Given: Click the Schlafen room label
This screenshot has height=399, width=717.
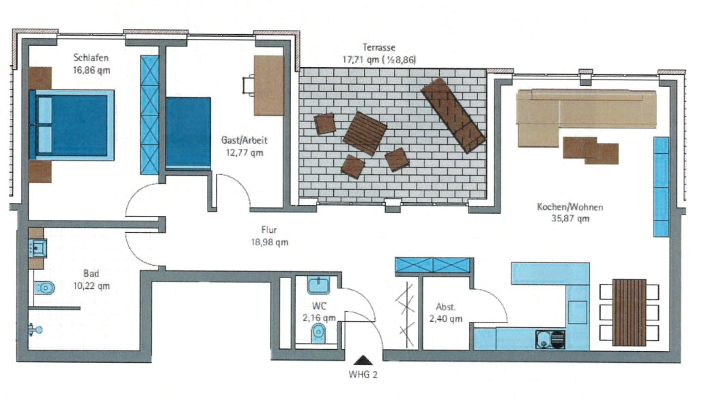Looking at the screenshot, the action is (91, 57).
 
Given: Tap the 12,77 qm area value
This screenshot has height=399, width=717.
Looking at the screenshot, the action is (244, 152).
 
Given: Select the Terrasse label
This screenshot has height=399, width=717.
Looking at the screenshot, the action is (378, 47).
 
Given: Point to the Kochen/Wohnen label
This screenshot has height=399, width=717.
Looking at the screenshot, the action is (570, 207).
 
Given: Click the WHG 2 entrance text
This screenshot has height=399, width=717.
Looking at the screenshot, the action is (363, 374).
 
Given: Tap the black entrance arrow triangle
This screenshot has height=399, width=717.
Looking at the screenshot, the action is (363, 359).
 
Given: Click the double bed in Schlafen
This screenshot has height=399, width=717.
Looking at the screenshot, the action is (71, 125).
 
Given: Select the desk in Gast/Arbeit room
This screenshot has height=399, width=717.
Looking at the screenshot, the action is (269, 85).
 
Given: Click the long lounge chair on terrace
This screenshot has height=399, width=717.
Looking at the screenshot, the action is (453, 115).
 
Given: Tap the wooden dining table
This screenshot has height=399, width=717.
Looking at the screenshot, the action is (629, 312).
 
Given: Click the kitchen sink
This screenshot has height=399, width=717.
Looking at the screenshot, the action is (550, 339).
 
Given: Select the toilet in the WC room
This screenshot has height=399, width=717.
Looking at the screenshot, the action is (318, 333).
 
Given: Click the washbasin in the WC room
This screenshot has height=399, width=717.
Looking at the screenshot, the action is (318, 286).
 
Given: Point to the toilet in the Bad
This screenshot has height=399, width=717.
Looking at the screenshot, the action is (44, 288).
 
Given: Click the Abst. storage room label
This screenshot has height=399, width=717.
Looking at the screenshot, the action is (445, 307).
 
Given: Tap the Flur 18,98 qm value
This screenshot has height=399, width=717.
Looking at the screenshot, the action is (269, 242).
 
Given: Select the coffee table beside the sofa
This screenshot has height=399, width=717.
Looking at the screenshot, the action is (591, 150).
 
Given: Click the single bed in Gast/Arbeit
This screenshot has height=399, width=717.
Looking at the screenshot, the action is (188, 133).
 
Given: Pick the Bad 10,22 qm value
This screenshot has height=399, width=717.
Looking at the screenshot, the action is (92, 286).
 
